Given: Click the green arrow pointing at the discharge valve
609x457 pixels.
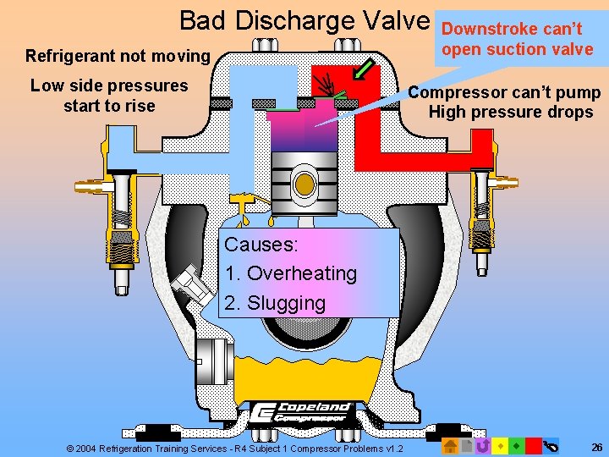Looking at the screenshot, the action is tap(365, 68).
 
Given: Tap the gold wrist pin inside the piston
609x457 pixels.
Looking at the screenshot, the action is tap(304, 182).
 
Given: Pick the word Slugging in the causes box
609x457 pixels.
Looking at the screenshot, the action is tap(286, 302).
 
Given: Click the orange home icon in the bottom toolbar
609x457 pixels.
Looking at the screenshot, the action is tap(449, 445).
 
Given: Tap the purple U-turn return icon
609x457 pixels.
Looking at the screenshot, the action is tap(483, 445).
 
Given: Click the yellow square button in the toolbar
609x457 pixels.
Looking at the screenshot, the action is tap(500, 445).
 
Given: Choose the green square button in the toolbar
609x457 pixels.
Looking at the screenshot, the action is tap(516, 445).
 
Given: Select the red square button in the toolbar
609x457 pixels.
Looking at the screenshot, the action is tap(533, 445).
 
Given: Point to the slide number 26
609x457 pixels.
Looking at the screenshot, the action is tap(597, 447).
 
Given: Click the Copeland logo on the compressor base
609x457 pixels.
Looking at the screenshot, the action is tap(304, 411).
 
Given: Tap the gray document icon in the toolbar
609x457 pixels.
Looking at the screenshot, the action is tap(466, 445).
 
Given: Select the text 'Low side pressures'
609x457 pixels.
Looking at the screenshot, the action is tap(109, 85).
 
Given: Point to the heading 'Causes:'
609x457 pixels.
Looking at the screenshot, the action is tap(261, 245).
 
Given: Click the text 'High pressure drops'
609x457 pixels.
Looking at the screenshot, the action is tap(511, 113).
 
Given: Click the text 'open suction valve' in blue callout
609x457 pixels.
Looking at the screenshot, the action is tap(517, 49).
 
